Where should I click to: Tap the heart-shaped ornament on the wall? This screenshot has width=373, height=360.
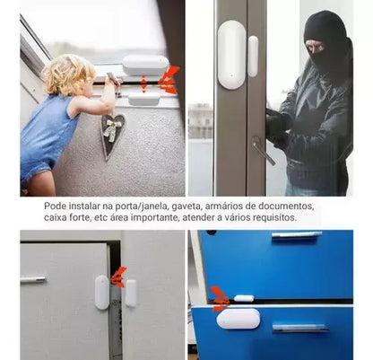coord(112,136)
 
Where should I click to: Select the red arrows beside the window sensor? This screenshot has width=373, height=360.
coord(168,80)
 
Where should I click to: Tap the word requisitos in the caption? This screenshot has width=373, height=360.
coord(292,218)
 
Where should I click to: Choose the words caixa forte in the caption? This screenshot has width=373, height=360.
coord(68,218)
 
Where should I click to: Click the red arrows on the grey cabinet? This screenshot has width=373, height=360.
coord(117,277)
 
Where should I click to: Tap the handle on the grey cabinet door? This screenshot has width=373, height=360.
coord(33,280)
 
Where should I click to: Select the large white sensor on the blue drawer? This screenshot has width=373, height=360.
coord(238,319)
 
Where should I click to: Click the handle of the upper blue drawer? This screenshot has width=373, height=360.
coord(296,235)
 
